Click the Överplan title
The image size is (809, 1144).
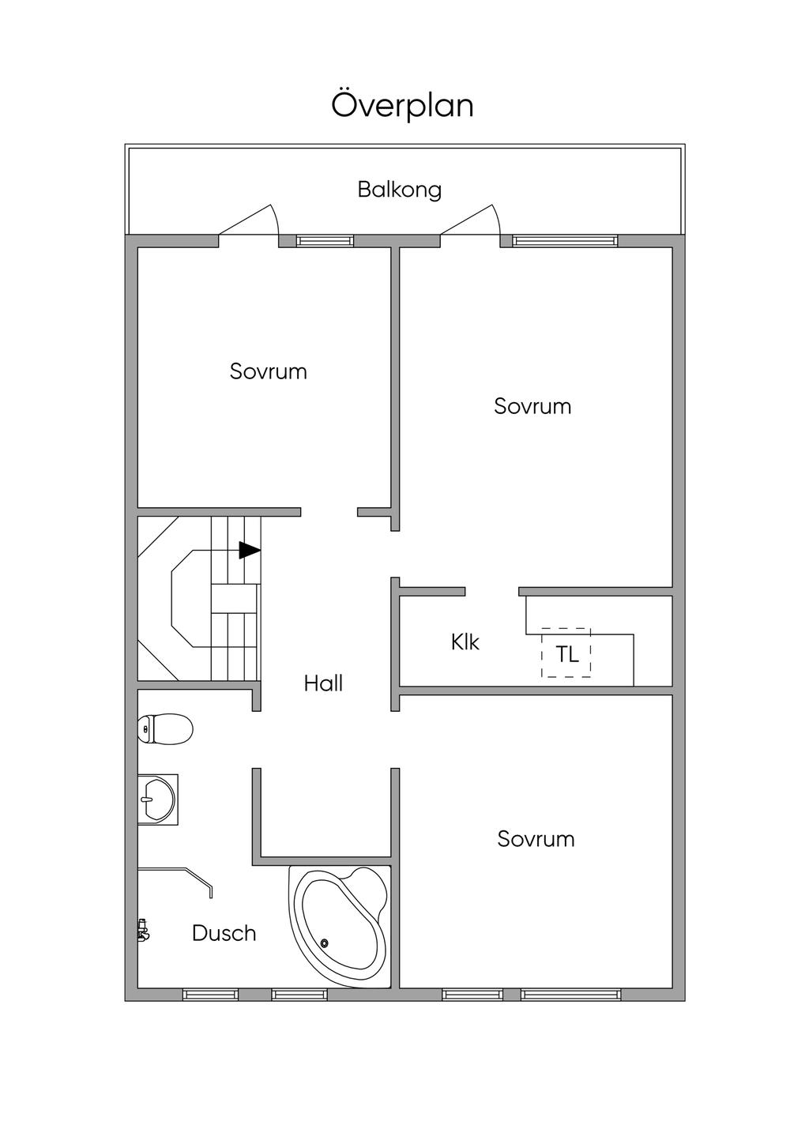[402, 106]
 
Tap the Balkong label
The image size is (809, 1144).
[400, 190]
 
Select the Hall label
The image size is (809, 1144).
[323, 683]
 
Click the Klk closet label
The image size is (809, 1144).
[465, 642]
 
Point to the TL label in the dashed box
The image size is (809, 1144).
[566, 654]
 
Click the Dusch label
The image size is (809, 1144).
[224, 933]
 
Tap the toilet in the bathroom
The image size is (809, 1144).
[165, 728]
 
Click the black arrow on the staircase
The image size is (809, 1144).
[250, 550]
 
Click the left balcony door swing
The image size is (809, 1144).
[249, 220]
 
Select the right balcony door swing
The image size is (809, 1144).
[470, 220]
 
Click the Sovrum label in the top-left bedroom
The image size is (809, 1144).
[268, 371]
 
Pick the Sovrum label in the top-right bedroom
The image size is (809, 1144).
[532, 406]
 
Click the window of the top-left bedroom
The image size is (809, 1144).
[325, 240]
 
